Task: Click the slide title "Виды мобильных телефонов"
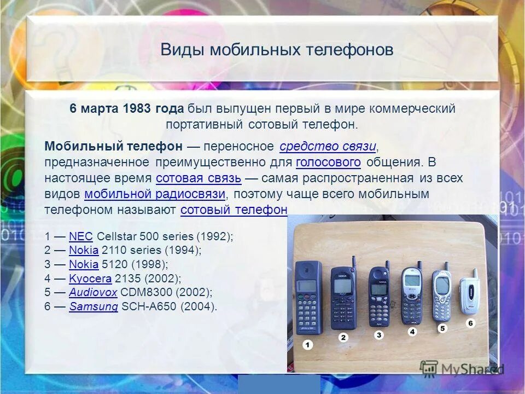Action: point(277,50)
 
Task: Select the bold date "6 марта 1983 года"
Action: point(126,109)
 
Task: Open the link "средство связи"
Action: point(328,146)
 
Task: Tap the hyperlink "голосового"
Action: point(328,162)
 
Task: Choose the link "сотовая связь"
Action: point(199,178)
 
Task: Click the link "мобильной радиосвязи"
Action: point(155,194)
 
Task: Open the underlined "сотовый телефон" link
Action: point(234,210)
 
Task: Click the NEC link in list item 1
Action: point(81,236)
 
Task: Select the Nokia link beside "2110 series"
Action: point(84,250)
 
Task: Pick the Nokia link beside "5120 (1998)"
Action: point(84,264)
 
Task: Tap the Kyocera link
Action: point(90,279)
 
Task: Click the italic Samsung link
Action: point(94,306)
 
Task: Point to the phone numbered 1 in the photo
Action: point(308,298)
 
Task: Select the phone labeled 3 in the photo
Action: point(378,296)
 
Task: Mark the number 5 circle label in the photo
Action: point(442,328)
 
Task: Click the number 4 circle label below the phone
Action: point(412,332)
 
